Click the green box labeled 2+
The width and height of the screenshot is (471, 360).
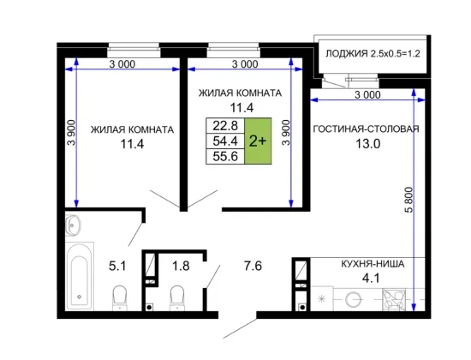tap(258, 141)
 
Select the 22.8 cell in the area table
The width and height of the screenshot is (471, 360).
tap(225, 125)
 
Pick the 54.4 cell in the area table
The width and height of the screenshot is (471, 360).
tap(225, 141)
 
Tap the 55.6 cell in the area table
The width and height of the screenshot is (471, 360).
tap(225, 156)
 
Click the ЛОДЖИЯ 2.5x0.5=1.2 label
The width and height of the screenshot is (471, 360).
tap(373, 53)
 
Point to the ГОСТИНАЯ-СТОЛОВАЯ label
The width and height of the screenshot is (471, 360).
tap(366, 129)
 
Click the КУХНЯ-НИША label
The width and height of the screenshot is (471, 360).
tap(373, 264)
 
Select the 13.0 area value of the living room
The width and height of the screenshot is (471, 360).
tap(368, 144)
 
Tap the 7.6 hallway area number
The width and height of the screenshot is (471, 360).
tap(253, 266)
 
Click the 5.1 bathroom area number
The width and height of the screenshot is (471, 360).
tap(117, 266)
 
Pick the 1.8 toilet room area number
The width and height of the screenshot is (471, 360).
tap(181, 266)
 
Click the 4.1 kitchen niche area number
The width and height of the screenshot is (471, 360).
tap(371, 279)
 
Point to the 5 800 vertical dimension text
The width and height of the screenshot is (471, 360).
tap(408, 200)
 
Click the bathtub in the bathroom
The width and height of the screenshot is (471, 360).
tap(80, 276)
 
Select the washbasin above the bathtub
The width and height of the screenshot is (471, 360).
tap(73, 225)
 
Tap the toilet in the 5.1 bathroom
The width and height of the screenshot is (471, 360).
tap(120, 297)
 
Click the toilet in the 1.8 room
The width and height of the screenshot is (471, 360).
tap(177, 297)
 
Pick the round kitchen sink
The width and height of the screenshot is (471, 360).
tap(353, 299)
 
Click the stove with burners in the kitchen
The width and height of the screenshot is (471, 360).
tap(394, 300)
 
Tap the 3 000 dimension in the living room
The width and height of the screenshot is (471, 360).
tap(367, 95)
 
